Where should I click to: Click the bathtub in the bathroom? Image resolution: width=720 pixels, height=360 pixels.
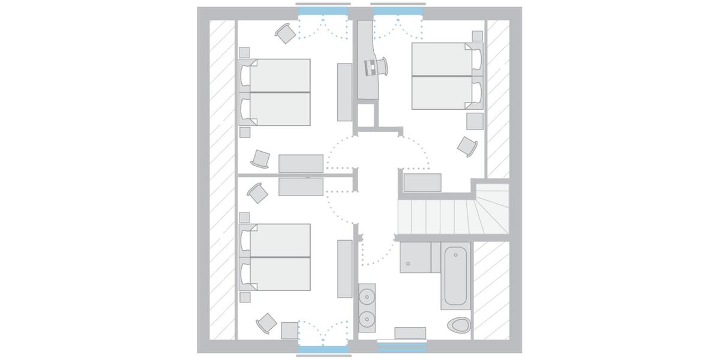[x=456, y=275]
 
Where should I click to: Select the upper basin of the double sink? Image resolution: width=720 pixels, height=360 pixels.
[x=367, y=296]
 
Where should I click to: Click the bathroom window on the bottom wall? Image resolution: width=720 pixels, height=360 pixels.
[x=401, y=346]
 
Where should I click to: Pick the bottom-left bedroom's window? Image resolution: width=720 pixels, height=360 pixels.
[x=322, y=349]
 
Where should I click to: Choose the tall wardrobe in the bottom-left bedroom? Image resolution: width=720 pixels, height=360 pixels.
[x=345, y=269]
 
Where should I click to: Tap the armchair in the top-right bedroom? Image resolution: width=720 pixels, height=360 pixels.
[x=467, y=146]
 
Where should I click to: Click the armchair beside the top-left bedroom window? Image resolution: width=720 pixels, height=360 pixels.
[x=286, y=34]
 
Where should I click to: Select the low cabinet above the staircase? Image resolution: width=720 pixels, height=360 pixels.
[x=422, y=182]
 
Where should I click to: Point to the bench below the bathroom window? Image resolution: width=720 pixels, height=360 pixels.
[x=410, y=333]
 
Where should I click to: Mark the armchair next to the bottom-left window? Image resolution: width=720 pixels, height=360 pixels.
[x=266, y=323]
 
